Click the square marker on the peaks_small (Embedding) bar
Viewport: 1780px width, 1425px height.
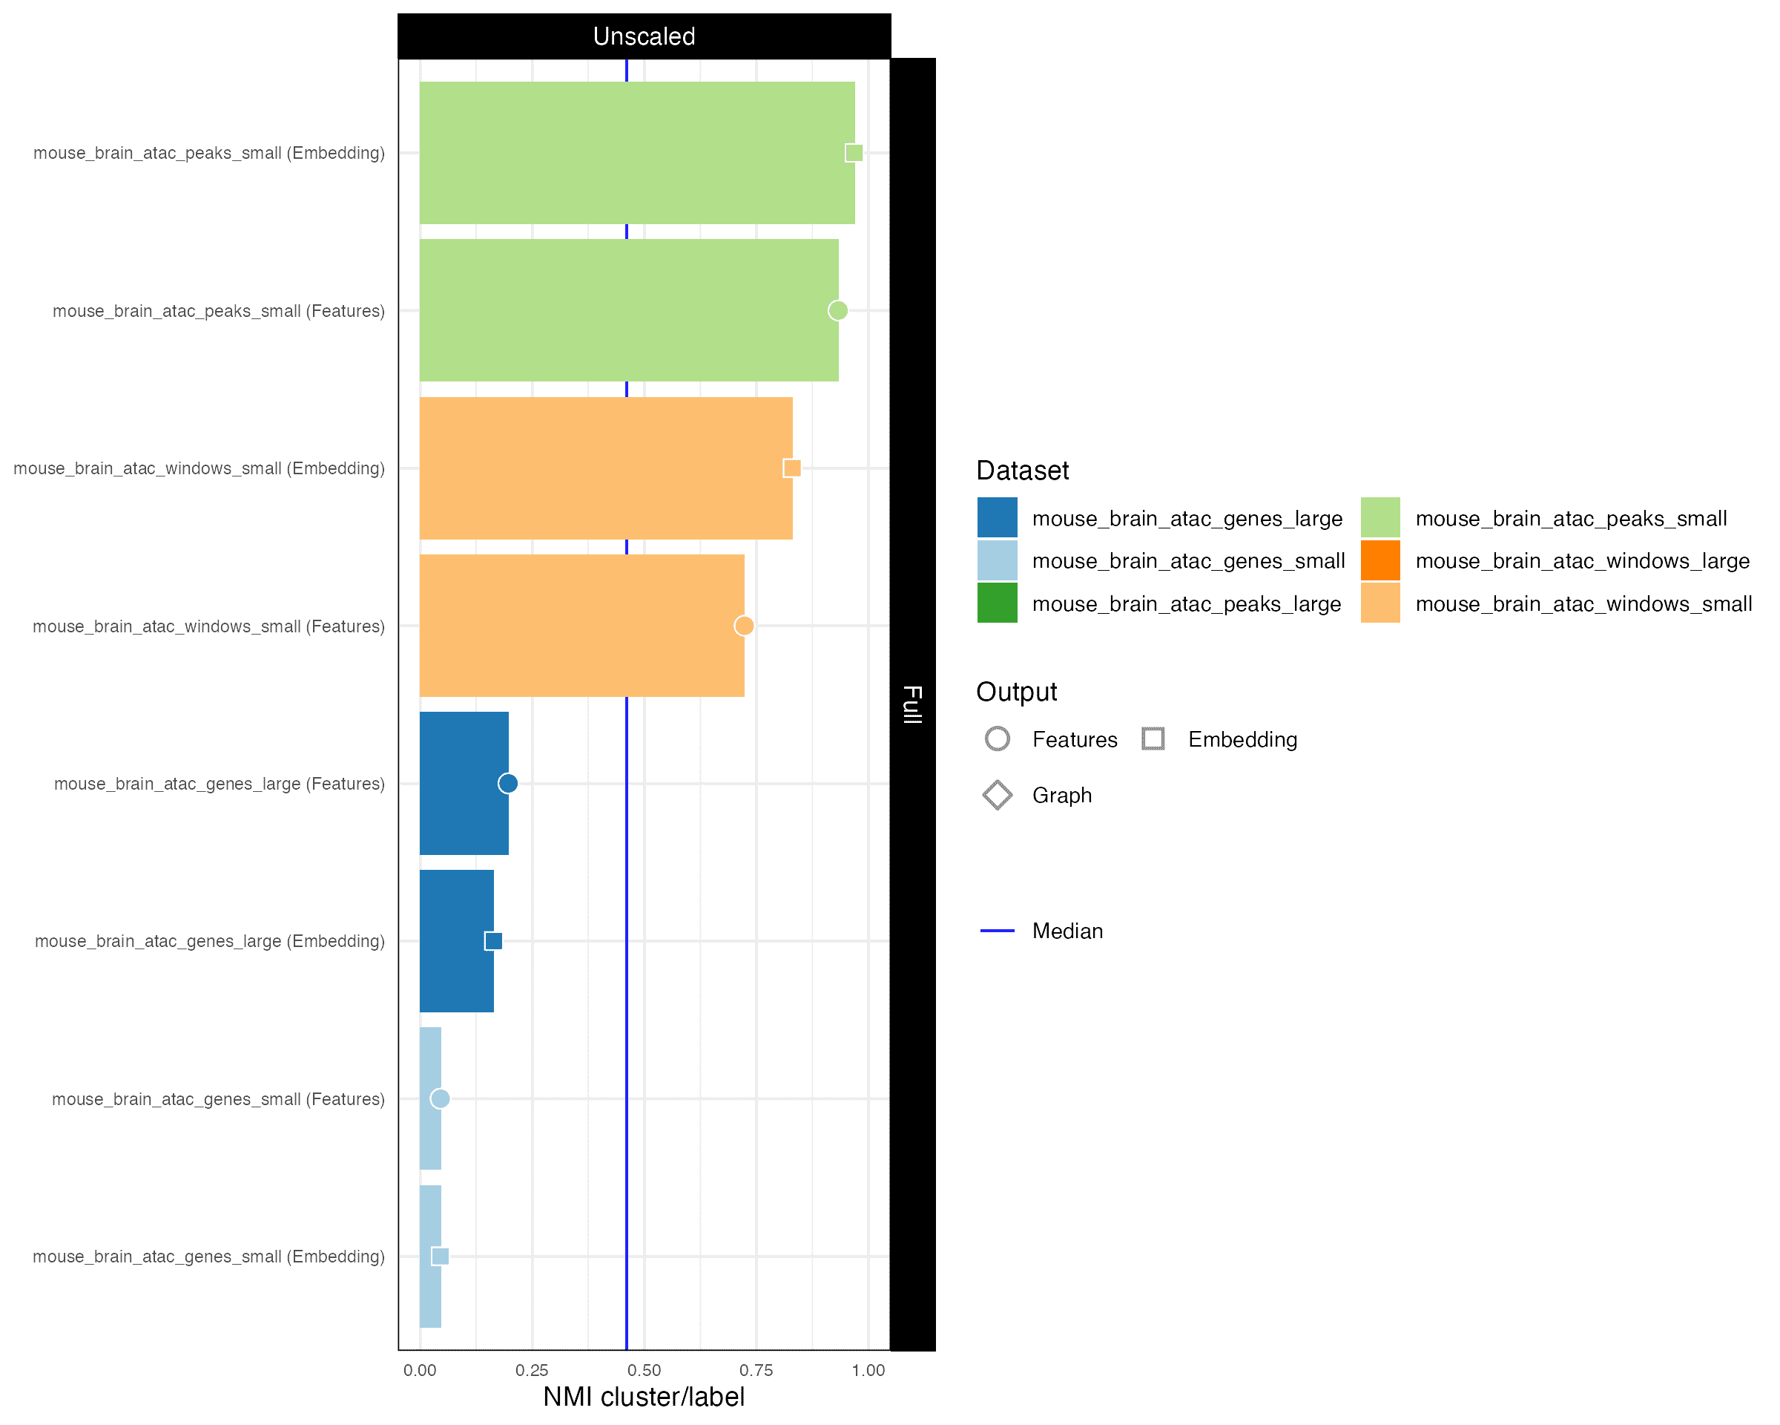(x=854, y=153)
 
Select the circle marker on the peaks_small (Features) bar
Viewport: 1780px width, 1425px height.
(x=837, y=311)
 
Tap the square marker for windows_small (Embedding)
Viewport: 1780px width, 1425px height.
(x=792, y=468)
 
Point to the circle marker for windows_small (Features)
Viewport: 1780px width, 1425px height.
(x=743, y=626)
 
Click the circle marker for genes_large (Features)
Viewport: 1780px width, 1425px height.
(x=508, y=783)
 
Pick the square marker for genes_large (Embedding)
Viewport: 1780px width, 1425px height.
(x=493, y=941)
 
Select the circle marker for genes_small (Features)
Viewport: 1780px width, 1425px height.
(x=440, y=1098)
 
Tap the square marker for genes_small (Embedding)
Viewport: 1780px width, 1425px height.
(x=440, y=1257)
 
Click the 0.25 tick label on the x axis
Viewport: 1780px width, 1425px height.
(x=532, y=1371)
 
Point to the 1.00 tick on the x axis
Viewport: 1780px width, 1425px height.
(x=868, y=1371)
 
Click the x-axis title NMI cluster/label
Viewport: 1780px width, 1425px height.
(x=643, y=1397)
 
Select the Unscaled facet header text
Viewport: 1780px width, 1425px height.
(x=644, y=36)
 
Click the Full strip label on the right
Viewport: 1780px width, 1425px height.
(x=912, y=704)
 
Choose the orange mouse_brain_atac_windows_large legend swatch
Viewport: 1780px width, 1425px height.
(x=1379, y=561)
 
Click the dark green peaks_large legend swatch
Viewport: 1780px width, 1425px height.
(x=997, y=603)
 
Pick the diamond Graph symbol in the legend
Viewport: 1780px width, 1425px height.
(x=997, y=795)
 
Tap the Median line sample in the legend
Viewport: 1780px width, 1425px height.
(x=997, y=931)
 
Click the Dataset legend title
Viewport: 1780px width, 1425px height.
(x=1021, y=471)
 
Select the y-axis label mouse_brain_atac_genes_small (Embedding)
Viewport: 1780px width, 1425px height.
(x=208, y=1257)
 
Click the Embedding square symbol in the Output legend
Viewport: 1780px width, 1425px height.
(x=1153, y=738)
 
